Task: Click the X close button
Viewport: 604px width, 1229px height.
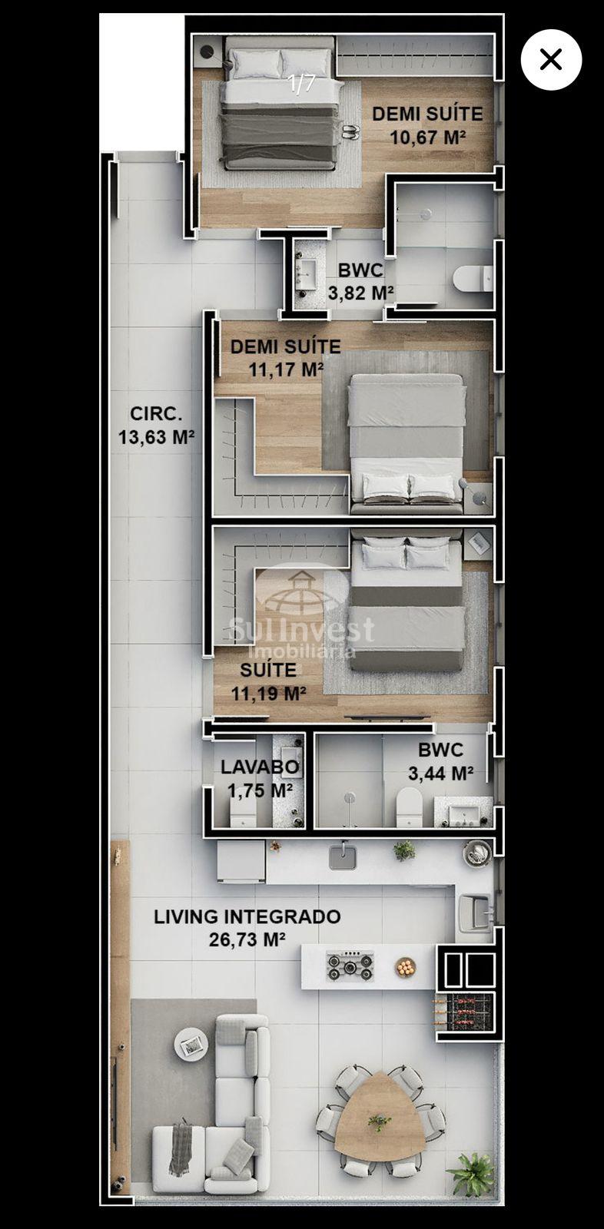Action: (551, 59)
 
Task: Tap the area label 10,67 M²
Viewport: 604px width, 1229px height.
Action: (428, 137)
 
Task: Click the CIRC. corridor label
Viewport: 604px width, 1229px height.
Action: (156, 414)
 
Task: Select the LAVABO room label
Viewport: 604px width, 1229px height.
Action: (260, 767)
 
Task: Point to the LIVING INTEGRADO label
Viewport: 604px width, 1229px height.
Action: (247, 916)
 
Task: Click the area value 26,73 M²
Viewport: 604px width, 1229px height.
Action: (247, 940)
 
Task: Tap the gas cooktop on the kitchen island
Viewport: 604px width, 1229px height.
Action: (350, 966)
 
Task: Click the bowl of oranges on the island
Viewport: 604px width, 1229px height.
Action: (406, 967)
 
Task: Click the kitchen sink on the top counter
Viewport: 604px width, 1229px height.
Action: (343, 857)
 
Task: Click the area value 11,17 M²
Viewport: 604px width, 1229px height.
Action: (286, 369)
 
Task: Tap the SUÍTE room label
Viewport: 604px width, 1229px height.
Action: (268, 670)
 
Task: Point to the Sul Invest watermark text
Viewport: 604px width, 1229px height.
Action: (301, 629)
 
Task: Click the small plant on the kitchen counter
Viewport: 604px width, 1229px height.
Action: (405, 850)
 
